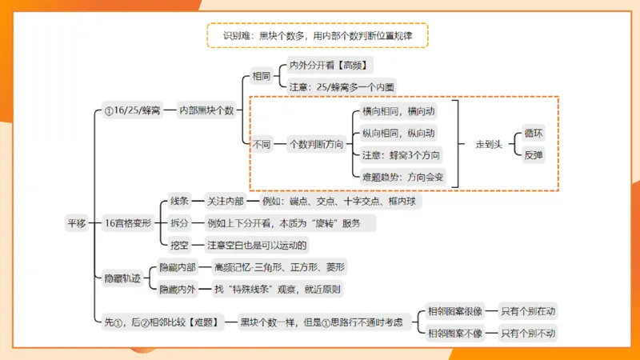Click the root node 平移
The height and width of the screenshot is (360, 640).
pos(76,223)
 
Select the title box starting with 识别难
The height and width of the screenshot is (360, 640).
pos(318,36)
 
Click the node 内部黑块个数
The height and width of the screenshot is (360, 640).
pos(206,110)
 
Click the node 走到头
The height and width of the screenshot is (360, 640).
pos(489,145)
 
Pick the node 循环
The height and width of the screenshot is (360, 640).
pos(534,134)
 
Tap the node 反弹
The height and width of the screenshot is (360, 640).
pos(534,155)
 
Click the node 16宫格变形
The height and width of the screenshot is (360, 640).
pos(128,223)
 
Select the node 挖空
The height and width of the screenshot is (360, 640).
pos(179,245)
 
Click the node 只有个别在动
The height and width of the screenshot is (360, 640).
pos(528,311)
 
